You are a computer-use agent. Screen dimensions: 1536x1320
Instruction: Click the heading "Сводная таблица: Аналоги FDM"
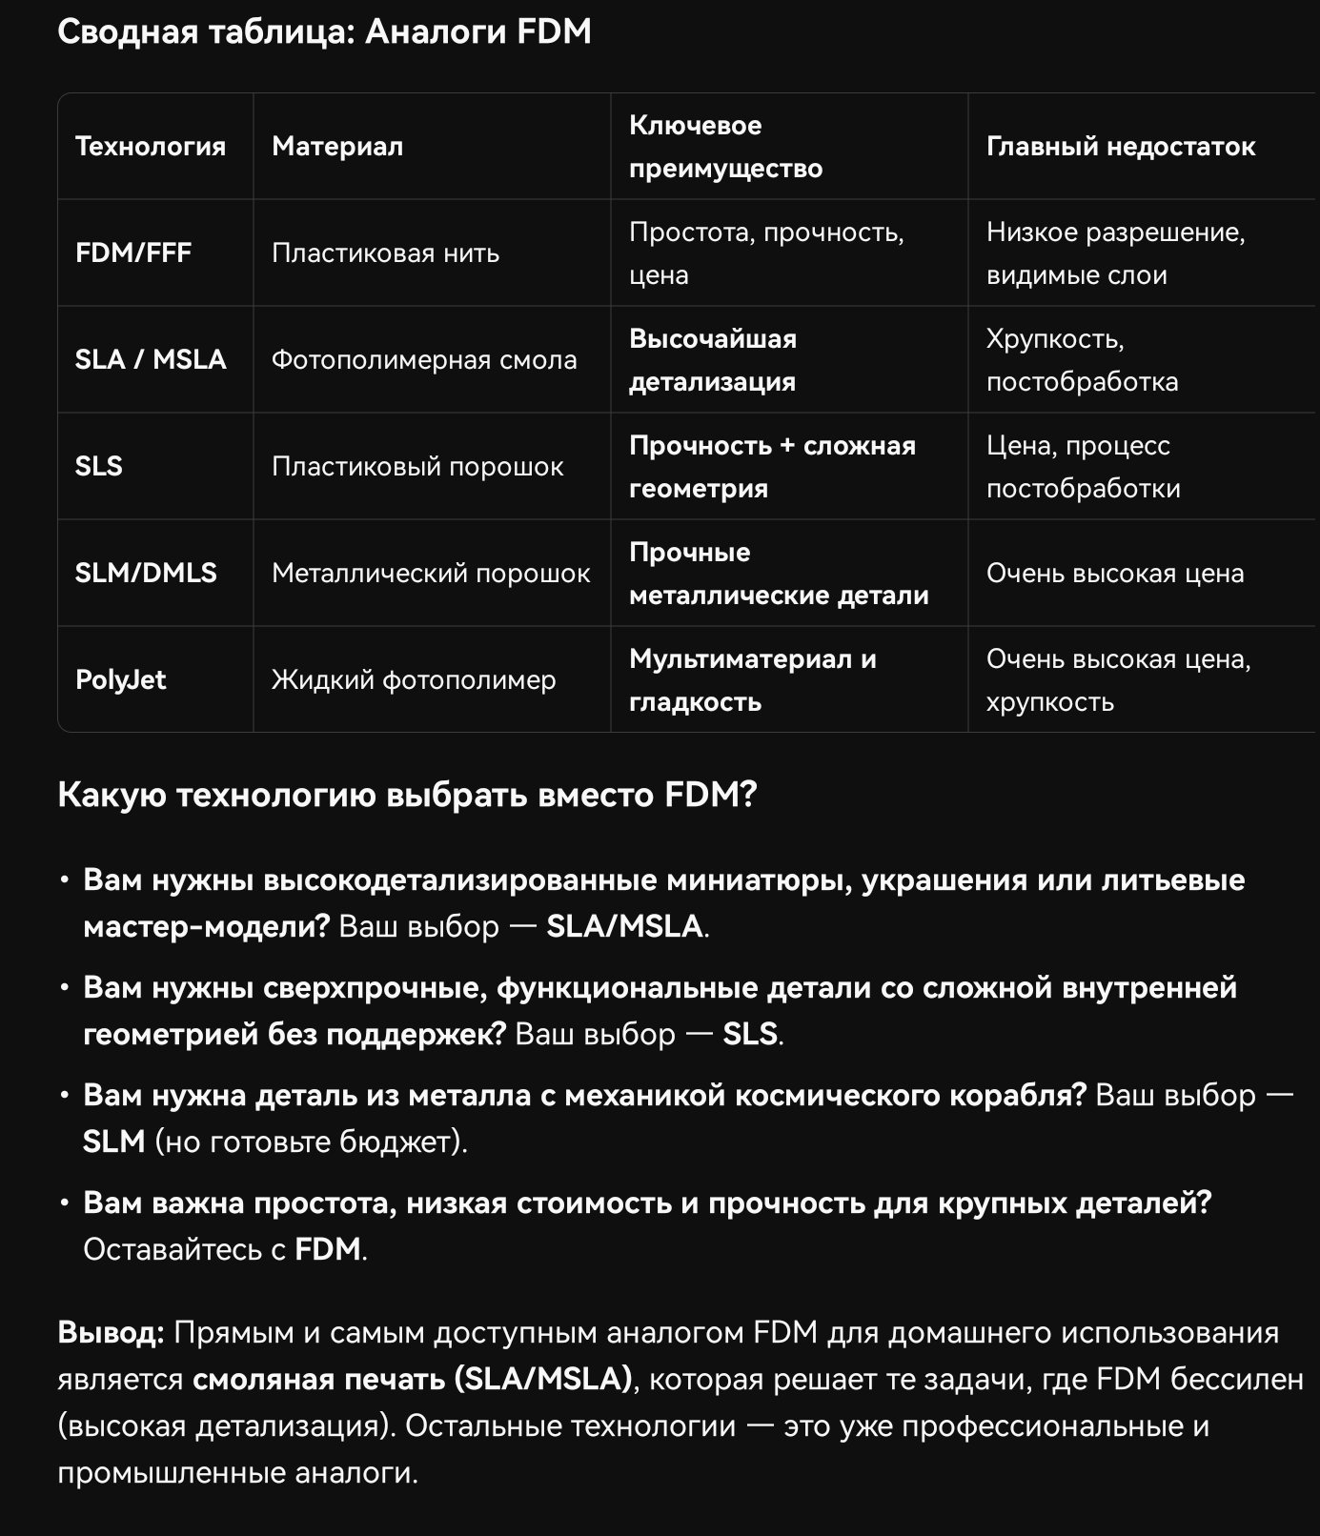click(324, 32)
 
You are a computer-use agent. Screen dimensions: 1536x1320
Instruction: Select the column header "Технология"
click(151, 147)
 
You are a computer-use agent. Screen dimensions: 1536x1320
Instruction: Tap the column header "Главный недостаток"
click(1120, 147)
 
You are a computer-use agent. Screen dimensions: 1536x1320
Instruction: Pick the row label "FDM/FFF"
click(133, 253)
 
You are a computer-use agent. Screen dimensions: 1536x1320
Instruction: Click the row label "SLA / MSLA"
click(151, 360)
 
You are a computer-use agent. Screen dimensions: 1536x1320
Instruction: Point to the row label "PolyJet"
click(120, 680)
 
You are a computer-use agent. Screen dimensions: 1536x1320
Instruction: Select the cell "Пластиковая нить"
click(385, 253)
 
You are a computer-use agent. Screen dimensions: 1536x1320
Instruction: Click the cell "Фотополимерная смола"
click(424, 360)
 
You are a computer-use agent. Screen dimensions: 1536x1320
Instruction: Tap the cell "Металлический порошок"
click(431, 574)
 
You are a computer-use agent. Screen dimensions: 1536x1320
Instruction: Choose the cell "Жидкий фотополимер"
click(414, 680)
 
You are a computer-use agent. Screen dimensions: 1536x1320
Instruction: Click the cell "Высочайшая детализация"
click(712, 360)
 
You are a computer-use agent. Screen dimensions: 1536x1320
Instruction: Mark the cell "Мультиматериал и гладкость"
click(752, 680)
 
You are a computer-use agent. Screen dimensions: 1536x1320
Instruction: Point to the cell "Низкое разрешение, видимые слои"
click(1115, 253)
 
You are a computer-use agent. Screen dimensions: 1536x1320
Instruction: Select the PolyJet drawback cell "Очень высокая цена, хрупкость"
click(1118, 680)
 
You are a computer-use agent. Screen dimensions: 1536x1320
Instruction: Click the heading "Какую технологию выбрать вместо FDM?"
click(407, 795)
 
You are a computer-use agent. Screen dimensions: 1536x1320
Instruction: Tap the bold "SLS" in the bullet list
click(750, 1035)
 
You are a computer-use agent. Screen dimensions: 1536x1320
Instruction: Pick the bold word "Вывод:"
click(111, 1333)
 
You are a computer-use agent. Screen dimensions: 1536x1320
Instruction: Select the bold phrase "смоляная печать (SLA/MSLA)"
click(413, 1380)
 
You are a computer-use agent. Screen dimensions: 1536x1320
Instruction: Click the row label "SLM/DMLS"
click(146, 574)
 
